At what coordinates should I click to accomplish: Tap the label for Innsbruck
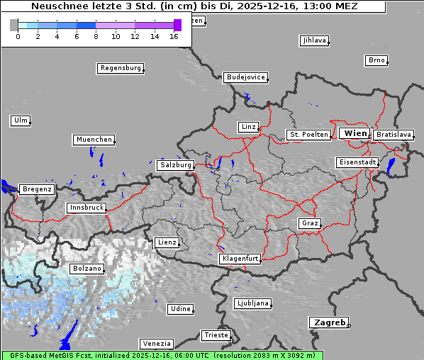click(87, 208)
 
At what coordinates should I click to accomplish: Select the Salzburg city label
click(175, 164)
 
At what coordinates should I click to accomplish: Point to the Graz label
click(309, 223)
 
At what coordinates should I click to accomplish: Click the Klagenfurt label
click(241, 259)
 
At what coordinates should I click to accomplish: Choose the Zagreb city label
click(328, 322)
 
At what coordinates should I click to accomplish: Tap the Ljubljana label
click(252, 303)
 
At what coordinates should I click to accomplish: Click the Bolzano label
click(87, 269)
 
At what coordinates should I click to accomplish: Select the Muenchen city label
click(94, 140)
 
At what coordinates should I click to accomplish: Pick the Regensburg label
click(120, 68)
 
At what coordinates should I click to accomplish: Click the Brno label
click(376, 60)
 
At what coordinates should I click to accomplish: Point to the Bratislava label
click(394, 134)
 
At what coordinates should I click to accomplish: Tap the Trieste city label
click(216, 334)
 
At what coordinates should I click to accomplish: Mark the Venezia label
click(156, 343)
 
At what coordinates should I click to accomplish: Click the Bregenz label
click(37, 189)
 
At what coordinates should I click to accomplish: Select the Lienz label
click(167, 242)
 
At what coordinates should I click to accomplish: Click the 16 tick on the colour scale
click(174, 36)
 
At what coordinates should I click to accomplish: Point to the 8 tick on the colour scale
click(96, 36)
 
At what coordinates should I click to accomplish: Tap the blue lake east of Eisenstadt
click(391, 166)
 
